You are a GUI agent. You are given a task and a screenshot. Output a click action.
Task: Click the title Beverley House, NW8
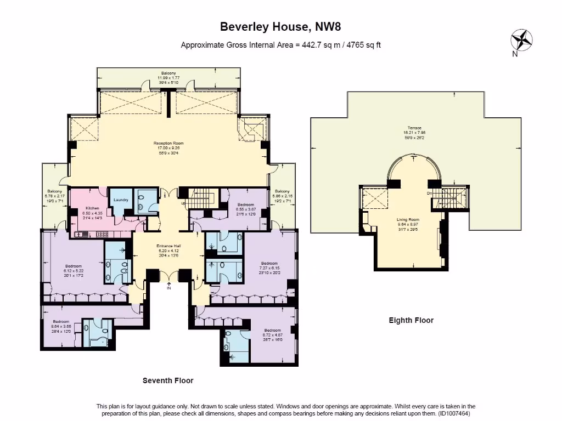[280, 26]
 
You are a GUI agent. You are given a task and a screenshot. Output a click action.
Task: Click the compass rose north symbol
[521, 42]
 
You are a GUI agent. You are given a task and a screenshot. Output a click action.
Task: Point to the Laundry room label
[121, 200]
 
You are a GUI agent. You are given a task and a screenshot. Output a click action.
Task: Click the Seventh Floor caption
[168, 380]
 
